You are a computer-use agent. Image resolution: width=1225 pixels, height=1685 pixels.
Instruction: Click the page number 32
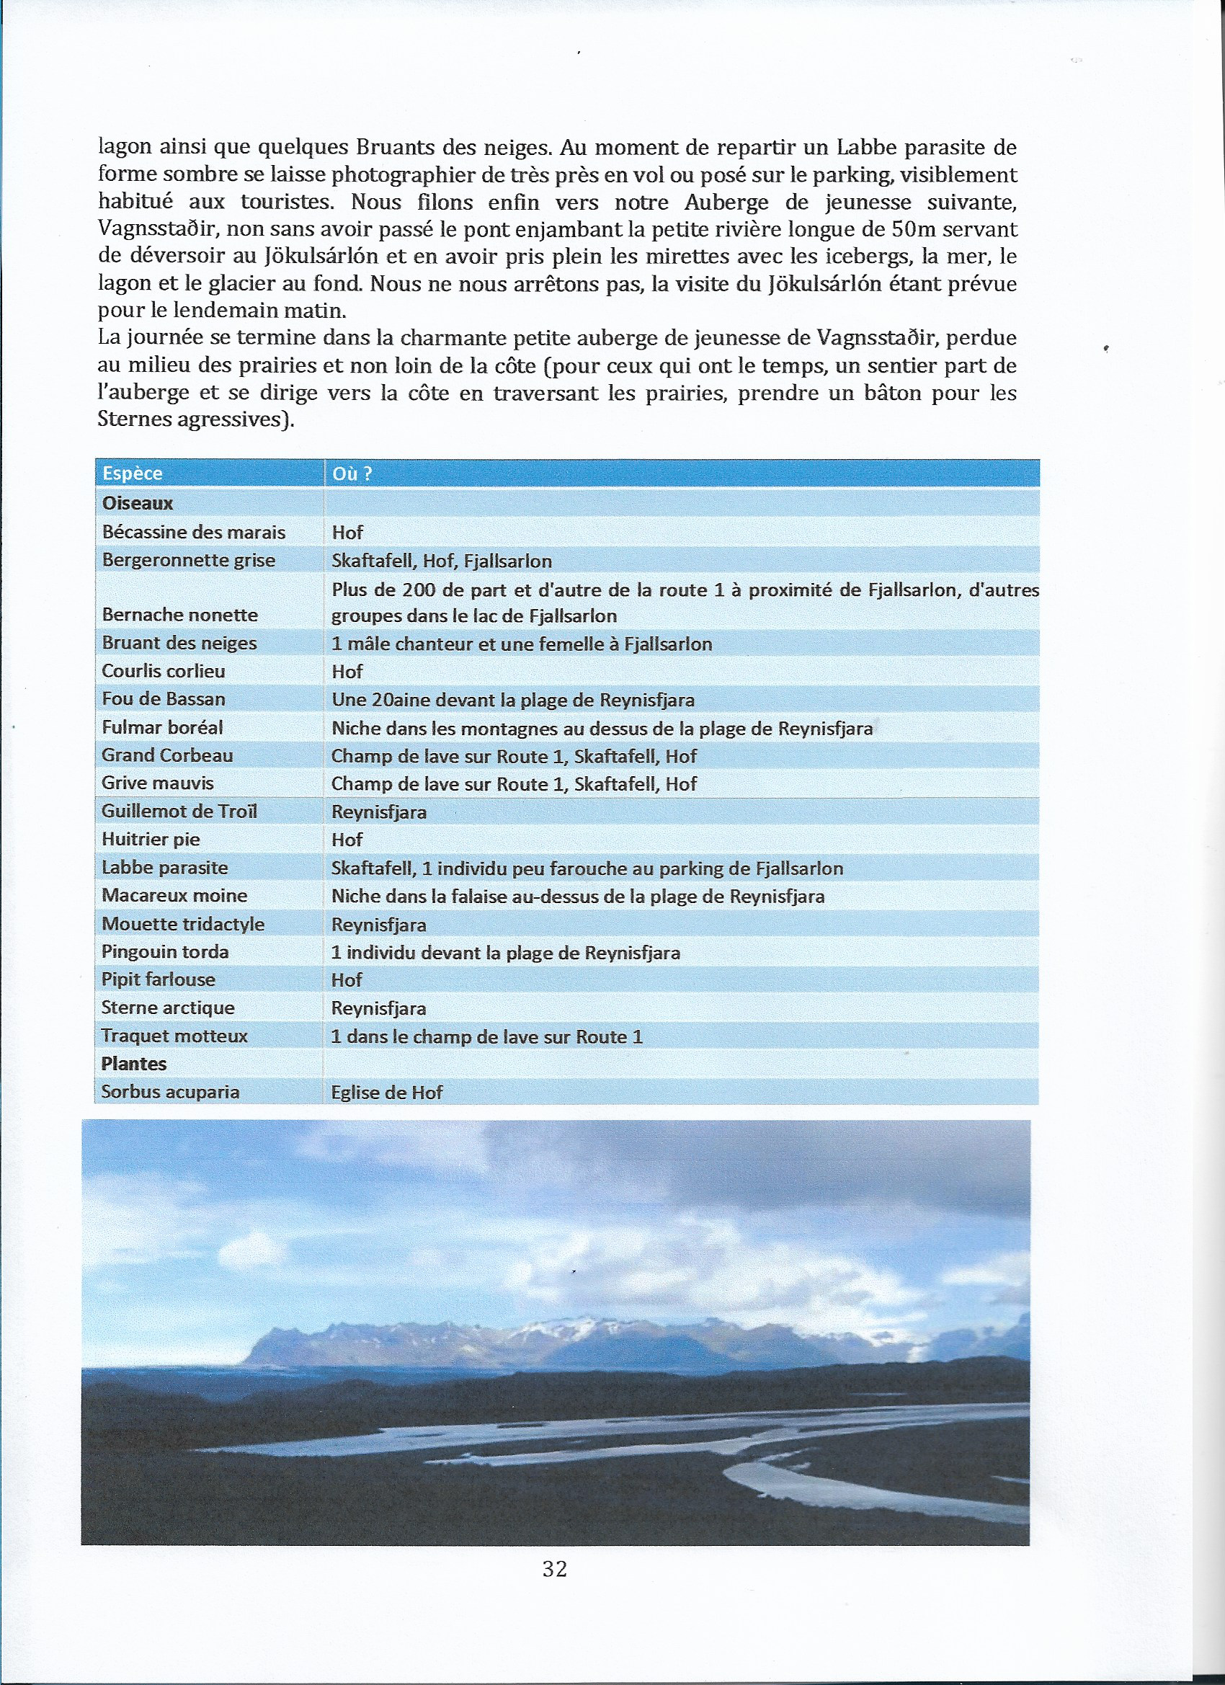554,1568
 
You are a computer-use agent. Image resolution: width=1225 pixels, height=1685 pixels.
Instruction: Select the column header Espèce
133,474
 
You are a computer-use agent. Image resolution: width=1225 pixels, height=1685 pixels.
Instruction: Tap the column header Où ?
352,474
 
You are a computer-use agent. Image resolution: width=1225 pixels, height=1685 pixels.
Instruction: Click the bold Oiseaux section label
138,503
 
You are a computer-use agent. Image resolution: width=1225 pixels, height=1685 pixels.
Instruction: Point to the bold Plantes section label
134,1063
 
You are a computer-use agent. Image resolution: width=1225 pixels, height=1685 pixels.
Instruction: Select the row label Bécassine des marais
193,532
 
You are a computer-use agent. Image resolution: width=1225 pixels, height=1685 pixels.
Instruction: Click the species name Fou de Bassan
164,699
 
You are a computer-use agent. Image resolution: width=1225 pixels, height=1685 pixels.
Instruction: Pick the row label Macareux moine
174,895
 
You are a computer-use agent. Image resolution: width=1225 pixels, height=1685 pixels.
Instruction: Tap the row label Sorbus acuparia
170,1091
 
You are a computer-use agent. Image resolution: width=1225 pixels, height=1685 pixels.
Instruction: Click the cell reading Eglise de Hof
387,1092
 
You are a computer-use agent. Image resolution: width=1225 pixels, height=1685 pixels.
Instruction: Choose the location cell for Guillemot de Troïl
379,812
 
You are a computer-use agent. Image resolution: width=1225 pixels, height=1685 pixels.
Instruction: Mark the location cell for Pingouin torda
505,953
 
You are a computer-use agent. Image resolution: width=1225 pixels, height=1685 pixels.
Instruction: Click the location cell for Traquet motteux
486,1036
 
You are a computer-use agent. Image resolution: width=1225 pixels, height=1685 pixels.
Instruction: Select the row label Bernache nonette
179,615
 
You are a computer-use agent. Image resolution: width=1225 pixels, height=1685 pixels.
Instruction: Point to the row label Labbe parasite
165,867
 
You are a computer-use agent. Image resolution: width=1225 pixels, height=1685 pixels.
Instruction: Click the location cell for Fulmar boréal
602,728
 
